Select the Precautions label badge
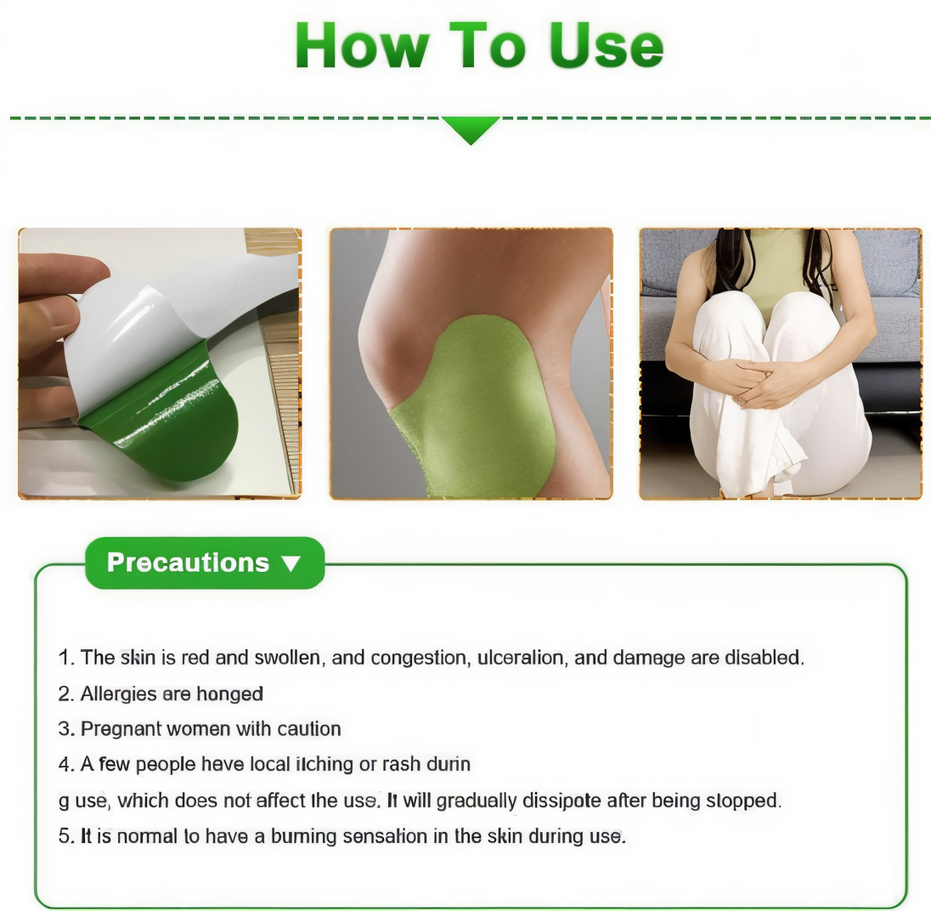204,563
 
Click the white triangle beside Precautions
291,563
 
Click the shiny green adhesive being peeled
170,425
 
